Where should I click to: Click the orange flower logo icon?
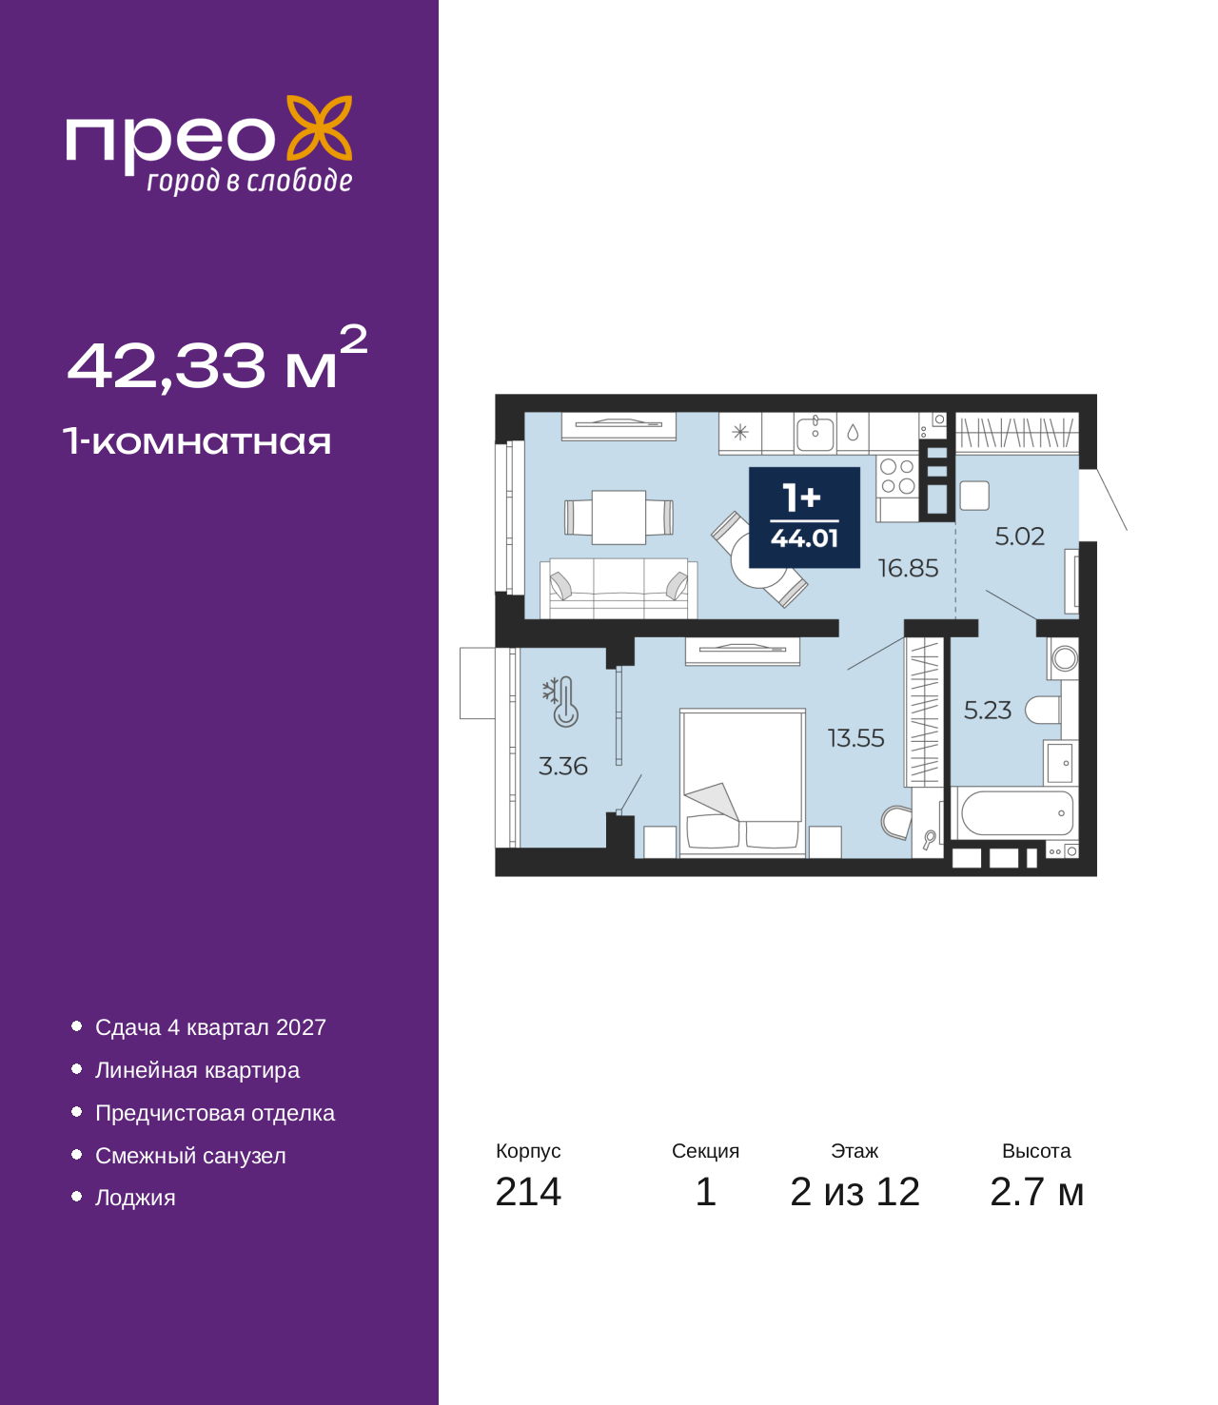319,127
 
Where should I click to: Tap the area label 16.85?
907,568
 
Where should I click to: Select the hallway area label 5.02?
1019,537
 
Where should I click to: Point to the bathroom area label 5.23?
987,711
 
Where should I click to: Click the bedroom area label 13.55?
855,738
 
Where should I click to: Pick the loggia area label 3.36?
562,766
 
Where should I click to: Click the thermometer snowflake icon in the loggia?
560,701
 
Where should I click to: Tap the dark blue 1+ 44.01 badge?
804,517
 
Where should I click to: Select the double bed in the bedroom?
742,782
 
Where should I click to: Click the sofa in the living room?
619,589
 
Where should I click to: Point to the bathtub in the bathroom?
1014,813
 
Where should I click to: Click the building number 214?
528,1192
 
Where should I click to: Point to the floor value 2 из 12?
855,1192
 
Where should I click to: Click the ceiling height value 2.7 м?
1035,1192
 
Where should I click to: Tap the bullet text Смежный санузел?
190,1156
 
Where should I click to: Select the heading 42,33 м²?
218,359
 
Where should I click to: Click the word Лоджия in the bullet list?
135,1198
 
